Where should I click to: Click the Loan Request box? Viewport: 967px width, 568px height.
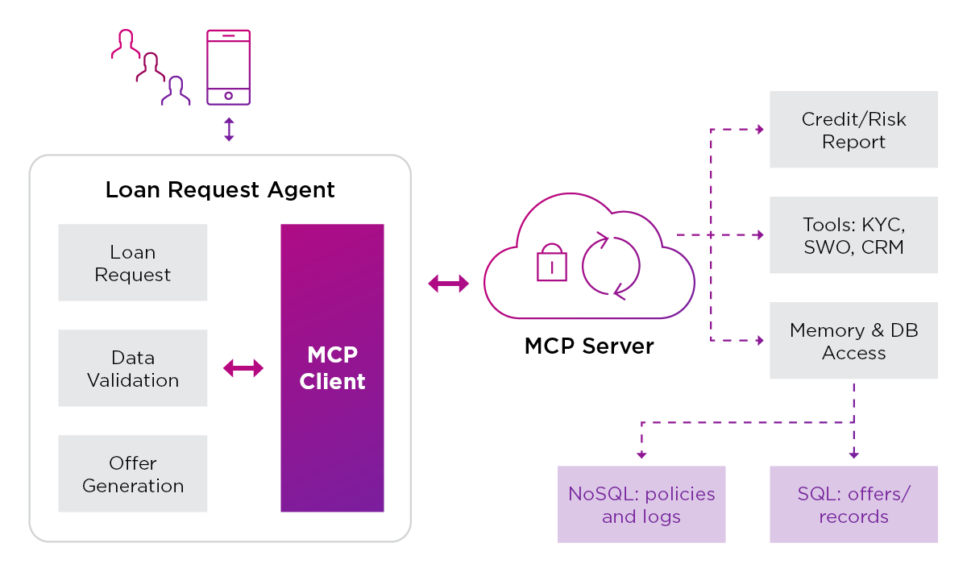tap(133, 263)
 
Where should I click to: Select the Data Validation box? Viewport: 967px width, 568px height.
tap(133, 368)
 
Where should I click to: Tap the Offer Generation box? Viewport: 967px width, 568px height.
tap(133, 474)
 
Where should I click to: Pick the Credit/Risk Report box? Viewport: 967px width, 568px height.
tap(853, 130)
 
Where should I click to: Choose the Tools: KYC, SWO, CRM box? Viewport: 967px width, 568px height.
tap(853, 235)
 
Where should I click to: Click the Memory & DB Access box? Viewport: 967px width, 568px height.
tap(853, 341)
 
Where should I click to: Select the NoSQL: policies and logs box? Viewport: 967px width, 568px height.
tap(641, 504)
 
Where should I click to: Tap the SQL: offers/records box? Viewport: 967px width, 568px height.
tap(853, 504)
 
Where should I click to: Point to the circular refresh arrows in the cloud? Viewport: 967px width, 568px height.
tap(611, 265)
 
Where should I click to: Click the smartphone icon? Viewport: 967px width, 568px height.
tap(228, 67)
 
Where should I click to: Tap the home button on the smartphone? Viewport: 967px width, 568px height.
tap(228, 95)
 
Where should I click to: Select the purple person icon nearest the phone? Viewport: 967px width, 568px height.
tap(176, 91)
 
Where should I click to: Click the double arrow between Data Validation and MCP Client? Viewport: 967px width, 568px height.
tap(243, 368)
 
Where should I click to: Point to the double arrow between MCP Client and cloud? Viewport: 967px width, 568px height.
tap(448, 283)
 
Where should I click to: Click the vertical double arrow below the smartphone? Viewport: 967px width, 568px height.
tap(229, 129)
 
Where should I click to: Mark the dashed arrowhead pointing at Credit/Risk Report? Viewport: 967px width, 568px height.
tap(759, 129)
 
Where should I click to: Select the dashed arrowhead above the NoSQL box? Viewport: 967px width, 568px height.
tap(641, 454)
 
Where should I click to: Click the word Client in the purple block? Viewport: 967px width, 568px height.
tap(332, 381)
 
